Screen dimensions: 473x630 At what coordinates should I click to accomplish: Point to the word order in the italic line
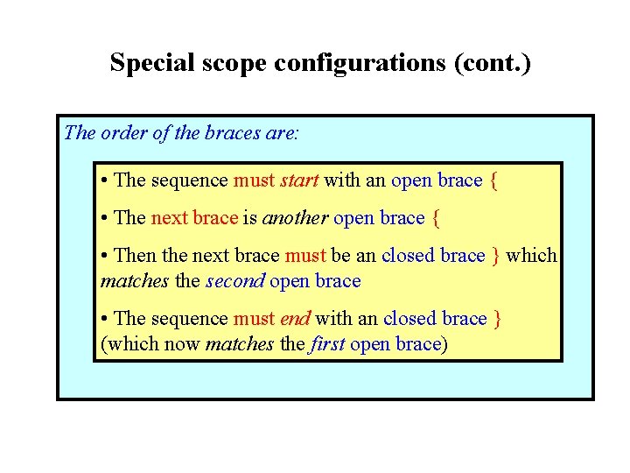(x=125, y=133)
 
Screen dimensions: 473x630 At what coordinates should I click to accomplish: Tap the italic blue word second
(x=234, y=281)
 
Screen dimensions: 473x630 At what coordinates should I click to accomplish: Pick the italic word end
(x=296, y=319)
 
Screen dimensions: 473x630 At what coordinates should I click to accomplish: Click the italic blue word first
(x=327, y=344)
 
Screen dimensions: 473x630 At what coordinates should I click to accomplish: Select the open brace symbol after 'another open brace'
(x=437, y=218)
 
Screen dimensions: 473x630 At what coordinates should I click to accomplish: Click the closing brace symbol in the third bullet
(x=496, y=256)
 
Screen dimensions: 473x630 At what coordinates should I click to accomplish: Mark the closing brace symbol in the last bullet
(x=498, y=319)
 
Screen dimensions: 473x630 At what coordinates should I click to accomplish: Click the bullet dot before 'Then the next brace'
(x=105, y=256)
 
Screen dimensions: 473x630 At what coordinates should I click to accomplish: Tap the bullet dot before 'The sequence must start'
(x=105, y=180)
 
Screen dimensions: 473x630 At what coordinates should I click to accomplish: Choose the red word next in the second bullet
(x=170, y=218)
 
